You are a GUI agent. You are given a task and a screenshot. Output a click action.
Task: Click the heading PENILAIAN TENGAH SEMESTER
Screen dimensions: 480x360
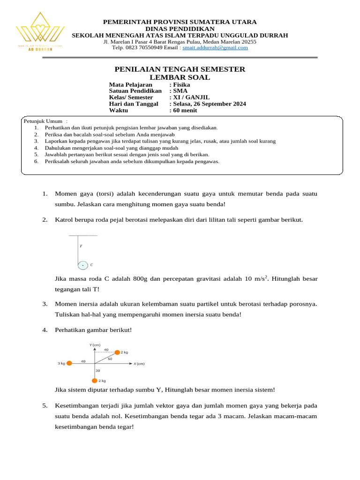tap(180, 69)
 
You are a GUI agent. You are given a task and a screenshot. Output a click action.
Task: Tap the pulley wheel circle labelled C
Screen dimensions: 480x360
tap(82, 265)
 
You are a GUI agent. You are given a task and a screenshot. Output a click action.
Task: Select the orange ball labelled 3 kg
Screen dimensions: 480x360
tap(69, 363)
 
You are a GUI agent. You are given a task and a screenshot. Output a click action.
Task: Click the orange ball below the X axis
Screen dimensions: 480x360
tap(95, 381)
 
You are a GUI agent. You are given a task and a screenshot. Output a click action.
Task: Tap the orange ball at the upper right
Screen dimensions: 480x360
tap(117, 352)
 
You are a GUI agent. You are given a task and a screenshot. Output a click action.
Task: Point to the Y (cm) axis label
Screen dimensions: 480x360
tap(95, 345)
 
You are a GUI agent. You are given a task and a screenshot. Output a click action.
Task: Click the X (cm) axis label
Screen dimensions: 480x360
tap(139, 364)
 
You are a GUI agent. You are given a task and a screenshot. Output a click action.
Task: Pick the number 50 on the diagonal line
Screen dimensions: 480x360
tap(110, 359)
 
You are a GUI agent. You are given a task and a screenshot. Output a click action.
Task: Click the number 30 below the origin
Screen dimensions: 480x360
tap(98, 371)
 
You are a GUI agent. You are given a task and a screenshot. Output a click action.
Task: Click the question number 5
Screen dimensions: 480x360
tap(45, 405)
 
